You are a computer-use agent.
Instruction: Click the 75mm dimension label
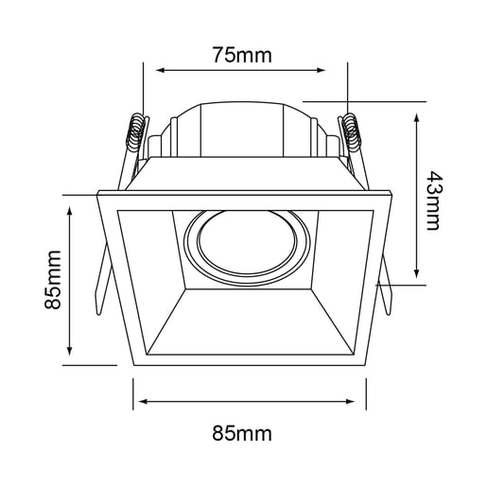pos(242,55)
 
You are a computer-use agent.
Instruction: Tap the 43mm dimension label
pos(433,200)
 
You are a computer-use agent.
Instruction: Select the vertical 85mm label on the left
pos(52,280)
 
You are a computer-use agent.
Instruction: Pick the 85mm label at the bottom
pos(242,433)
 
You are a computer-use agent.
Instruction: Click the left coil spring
pos(136,131)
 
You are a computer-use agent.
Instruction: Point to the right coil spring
pos(350,131)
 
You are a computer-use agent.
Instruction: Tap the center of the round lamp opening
pos(248,243)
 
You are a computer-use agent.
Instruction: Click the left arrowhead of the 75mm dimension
pos(160,70)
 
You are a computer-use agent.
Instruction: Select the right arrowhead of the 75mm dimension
pos(321,70)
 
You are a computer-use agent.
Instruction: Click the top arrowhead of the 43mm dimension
pos(417,118)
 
